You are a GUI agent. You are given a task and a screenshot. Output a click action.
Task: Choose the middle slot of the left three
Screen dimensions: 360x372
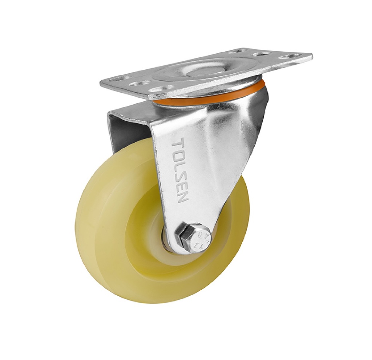[140, 84]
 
